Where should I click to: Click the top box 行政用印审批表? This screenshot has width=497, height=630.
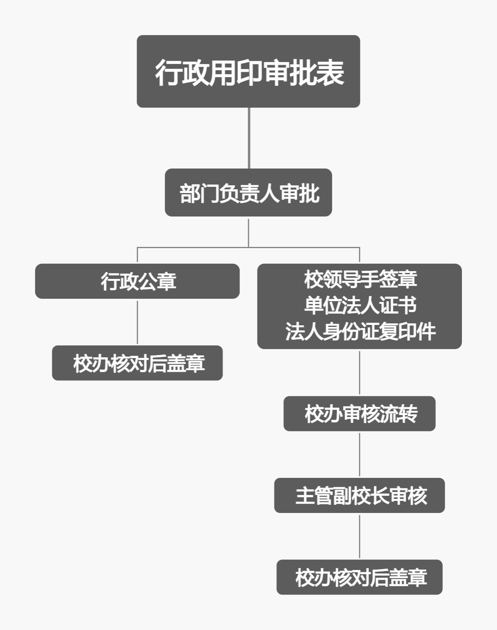tap(248, 71)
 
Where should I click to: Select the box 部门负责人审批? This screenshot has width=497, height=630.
tap(248, 192)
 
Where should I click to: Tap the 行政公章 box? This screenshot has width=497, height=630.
tap(137, 281)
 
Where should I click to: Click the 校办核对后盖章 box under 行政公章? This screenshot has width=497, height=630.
tap(137, 363)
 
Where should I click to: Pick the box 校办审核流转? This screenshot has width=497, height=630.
tap(359, 413)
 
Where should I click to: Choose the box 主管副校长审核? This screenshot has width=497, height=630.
tap(359, 495)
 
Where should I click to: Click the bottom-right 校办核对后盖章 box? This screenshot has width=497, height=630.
tap(359, 577)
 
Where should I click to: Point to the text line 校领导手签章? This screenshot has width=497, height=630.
tap(360, 279)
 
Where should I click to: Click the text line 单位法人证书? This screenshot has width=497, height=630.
tap(360, 305)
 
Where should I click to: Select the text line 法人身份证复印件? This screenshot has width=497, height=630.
tap(360, 332)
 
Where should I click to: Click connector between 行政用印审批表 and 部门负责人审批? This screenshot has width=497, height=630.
tap(249, 138)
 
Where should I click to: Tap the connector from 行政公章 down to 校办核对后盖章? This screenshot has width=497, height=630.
tap(137, 322)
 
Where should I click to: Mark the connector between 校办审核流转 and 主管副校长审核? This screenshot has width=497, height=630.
tap(359, 454)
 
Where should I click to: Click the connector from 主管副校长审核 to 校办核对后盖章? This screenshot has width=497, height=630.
tap(359, 536)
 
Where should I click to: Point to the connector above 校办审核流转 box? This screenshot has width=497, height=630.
tap(359, 373)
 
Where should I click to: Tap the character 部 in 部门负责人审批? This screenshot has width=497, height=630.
tap(190, 193)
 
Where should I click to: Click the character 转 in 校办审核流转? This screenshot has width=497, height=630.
tap(408, 414)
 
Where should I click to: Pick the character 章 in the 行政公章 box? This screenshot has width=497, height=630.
tap(167, 282)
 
